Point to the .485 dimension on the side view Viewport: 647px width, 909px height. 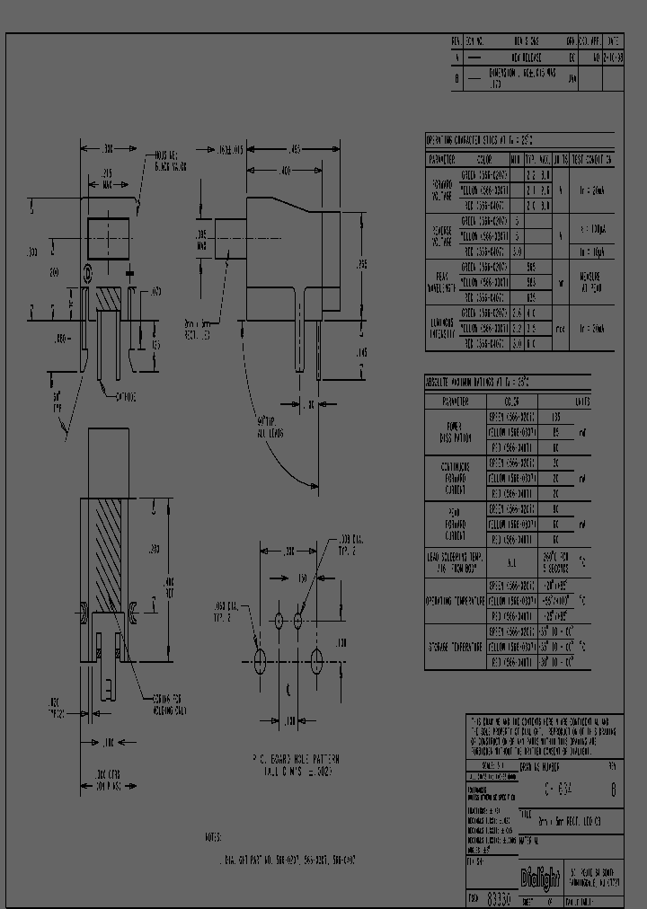[294, 149]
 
